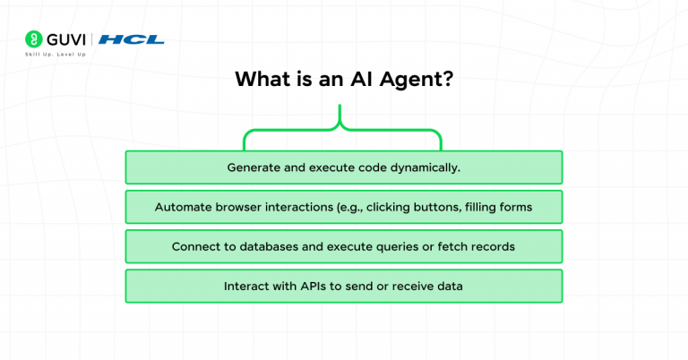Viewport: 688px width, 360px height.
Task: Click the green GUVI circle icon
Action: tap(33, 39)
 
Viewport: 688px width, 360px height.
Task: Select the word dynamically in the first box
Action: tap(426, 167)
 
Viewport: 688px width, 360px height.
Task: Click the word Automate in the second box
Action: tap(183, 207)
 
